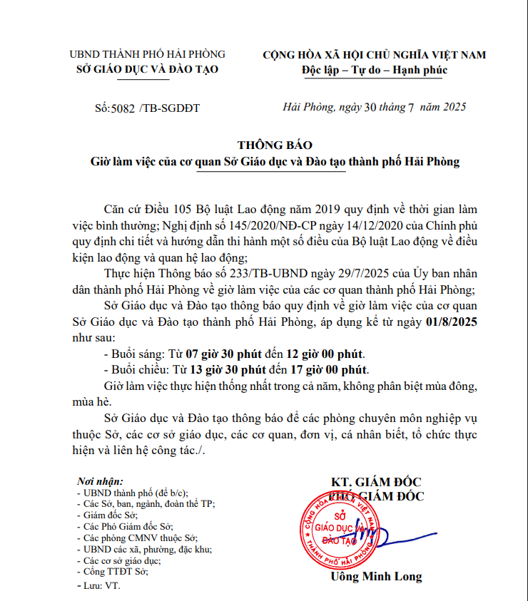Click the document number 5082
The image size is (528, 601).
click(123, 108)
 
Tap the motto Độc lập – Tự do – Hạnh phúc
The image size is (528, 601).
click(375, 70)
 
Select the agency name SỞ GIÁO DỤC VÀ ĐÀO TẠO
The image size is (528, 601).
click(147, 69)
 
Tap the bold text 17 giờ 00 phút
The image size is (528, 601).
click(330, 370)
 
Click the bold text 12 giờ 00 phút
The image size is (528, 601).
click(325, 354)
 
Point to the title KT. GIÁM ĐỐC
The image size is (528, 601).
click(376, 481)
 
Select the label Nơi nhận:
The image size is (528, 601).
click(101, 481)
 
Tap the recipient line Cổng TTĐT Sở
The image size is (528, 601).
click(115, 572)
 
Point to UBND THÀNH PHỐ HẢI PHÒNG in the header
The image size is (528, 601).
click(147, 54)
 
